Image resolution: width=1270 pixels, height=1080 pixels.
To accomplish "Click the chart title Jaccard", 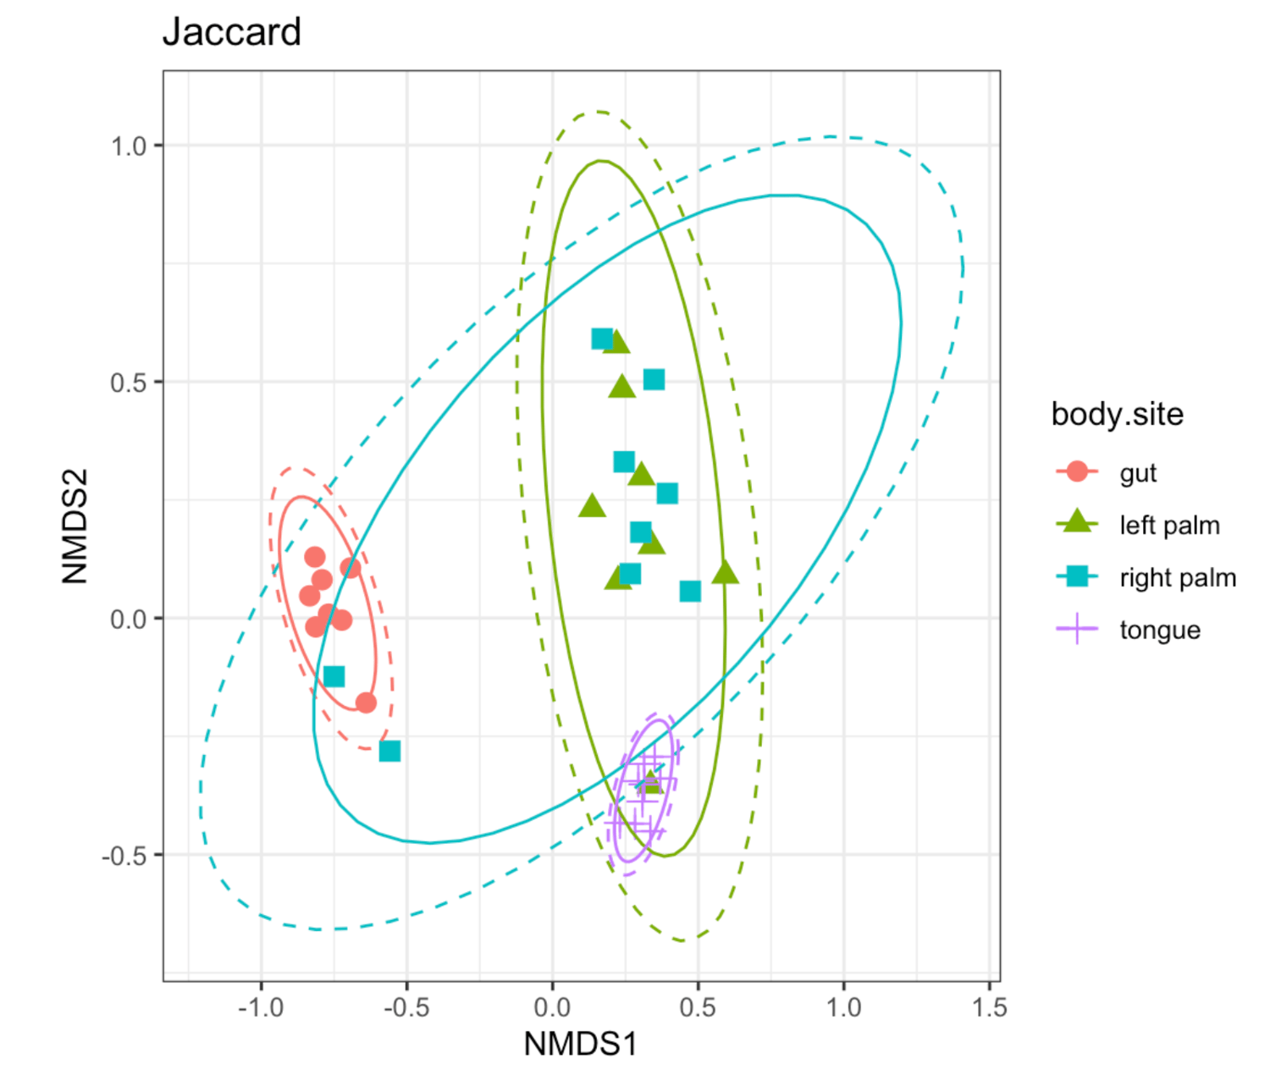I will pyautogui.click(x=231, y=32).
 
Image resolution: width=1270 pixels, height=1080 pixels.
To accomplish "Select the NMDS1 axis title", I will pyautogui.click(x=580, y=1044).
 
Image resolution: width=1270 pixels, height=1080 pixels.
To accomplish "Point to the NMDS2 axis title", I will pyautogui.click(x=75, y=526).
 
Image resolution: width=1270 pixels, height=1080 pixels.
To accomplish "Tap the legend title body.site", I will pyautogui.click(x=1117, y=414).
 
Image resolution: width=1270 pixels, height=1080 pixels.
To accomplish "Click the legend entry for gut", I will pyautogui.click(x=1137, y=472).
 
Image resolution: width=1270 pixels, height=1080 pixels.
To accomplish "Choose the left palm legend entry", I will pyautogui.click(x=1168, y=525).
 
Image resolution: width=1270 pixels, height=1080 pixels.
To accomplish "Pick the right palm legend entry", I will pyautogui.click(x=1177, y=577).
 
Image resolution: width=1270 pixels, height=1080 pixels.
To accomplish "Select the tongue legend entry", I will pyautogui.click(x=1159, y=630).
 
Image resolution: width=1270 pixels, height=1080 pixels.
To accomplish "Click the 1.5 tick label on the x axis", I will pyautogui.click(x=989, y=1007).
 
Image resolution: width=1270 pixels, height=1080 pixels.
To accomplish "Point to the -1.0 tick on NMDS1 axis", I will pyautogui.click(x=260, y=1007).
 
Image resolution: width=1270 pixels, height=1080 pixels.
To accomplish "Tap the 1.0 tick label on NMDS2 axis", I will pyautogui.click(x=129, y=146).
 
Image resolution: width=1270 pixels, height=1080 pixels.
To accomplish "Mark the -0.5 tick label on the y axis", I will pyautogui.click(x=125, y=856).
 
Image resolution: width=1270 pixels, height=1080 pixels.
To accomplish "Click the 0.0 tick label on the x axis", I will pyautogui.click(x=552, y=1007).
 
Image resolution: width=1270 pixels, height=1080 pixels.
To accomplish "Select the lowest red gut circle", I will pyautogui.click(x=366, y=703).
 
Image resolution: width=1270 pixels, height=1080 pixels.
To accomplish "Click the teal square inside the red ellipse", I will pyautogui.click(x=334, y=676).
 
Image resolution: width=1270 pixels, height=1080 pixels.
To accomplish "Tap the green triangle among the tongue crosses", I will pyautogui.click(x=649, y=782).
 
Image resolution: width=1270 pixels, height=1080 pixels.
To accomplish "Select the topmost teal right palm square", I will pyautogui.click(x=602, y=339).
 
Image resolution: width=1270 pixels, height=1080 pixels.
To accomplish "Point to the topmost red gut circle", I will pyautogui.click(x=315, y=557).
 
